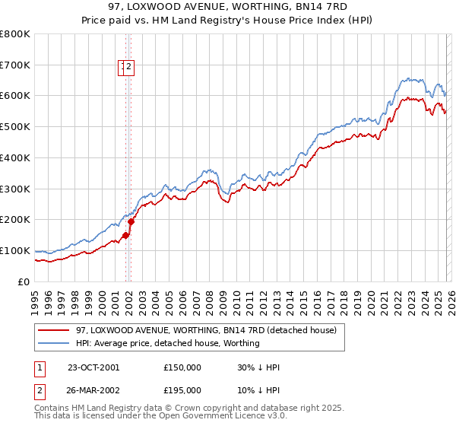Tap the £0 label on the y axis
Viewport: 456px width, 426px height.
[x=24, y=282]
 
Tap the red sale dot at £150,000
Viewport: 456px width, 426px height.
[x=126, y=235]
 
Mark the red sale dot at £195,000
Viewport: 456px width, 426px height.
[x=131, y=221]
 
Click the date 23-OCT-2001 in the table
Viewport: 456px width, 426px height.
[x=93, y=367]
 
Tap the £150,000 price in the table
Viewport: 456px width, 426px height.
[x=182, y=367]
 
